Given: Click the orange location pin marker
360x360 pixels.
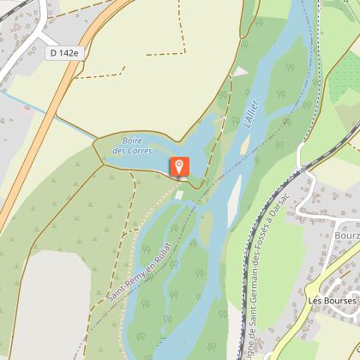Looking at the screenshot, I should [180, 165].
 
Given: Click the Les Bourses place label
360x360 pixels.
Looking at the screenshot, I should [332, 301].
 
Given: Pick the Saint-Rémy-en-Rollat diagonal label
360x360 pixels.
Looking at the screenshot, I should [140, 269].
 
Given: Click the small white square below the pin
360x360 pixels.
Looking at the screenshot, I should [178, 195].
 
